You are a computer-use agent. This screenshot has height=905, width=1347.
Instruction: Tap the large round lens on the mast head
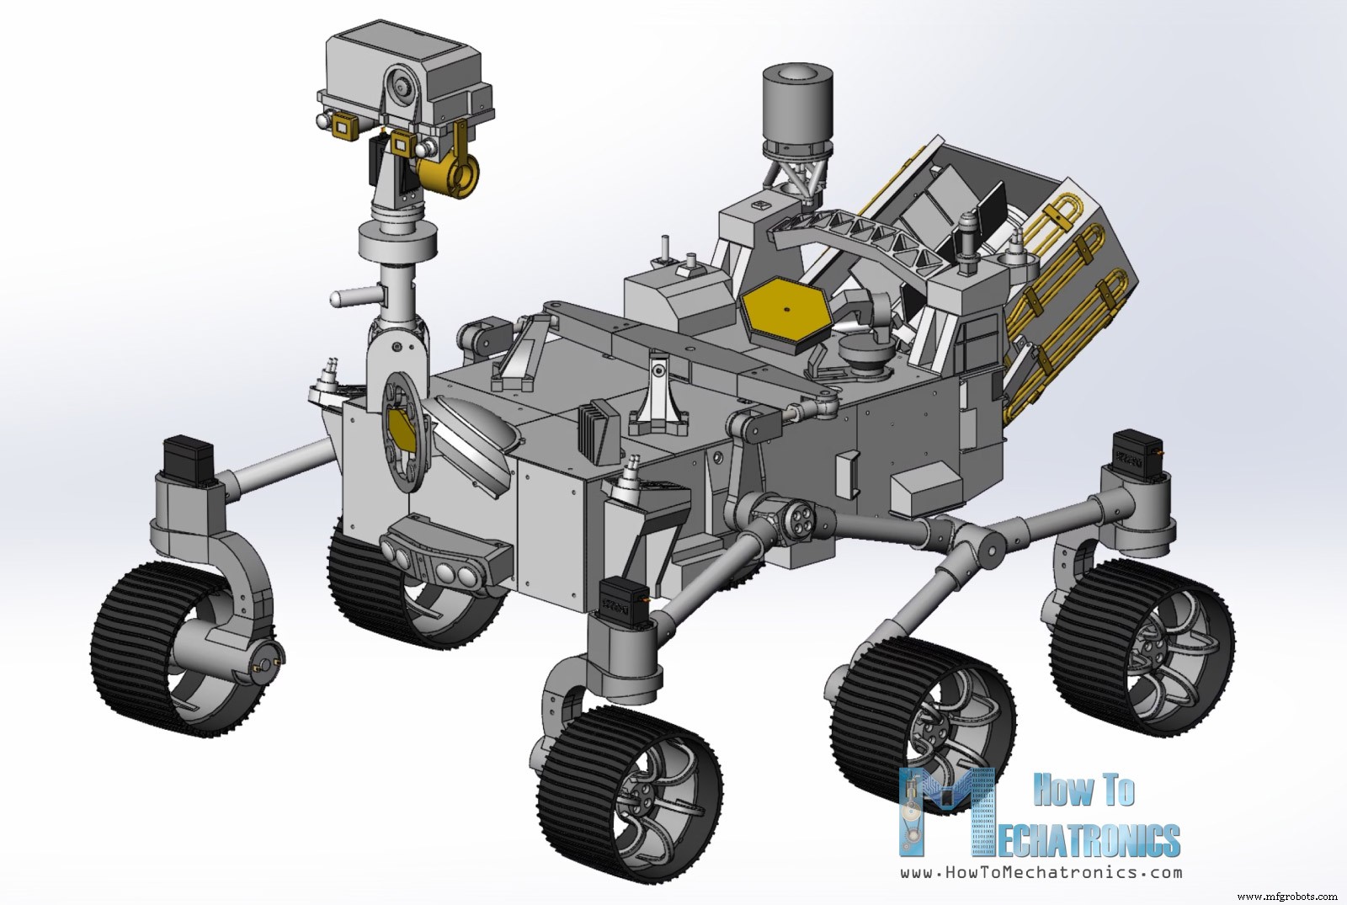click(402, 85)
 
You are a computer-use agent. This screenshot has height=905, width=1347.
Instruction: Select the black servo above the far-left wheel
click(190, 459)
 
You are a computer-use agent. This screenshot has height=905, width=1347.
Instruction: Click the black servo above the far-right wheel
click(1137, 455)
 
